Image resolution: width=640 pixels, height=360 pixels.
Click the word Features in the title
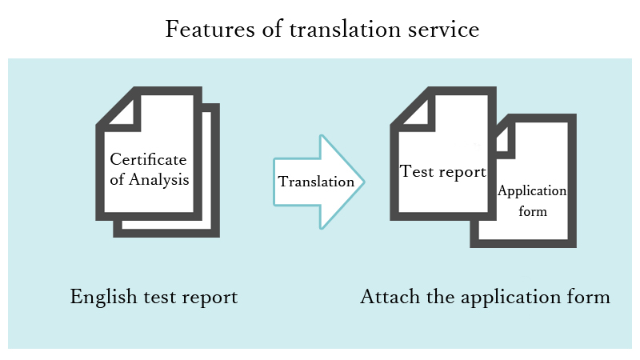pyautogui.click(x=210, y=29)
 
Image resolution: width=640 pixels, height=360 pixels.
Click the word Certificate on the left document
pyautogui.click(x=148, y=159)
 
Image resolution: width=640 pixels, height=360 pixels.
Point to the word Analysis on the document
pyautogui.click(x=158, y=180)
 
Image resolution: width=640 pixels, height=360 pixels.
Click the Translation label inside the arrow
pyautogui.click(x=316, y=182)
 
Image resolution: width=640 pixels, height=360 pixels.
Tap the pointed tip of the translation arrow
pyautogui.click(x=364, y=182)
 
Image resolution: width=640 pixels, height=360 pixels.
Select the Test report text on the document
pyautogui.click(x=443, y=172)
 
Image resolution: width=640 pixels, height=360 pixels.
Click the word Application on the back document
pyautogui.click(x=532, y=191)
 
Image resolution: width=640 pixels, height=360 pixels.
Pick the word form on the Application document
pyautogui.click(x=533, y=211)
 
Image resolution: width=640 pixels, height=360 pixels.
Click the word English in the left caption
pyautogui.click(x=104, y=297)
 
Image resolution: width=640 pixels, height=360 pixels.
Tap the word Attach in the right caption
pyautogui.click(x=390, y=297)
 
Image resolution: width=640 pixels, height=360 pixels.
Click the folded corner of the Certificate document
pyautogui.click(x=122, y=112)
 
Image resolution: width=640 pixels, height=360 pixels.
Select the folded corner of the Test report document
pyautogui.click(x=416, y=112)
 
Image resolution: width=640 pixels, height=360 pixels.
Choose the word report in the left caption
pyautogui.click(x=210, y=298)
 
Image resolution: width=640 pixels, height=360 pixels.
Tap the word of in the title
pyautogui.click(x=272, y=29)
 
